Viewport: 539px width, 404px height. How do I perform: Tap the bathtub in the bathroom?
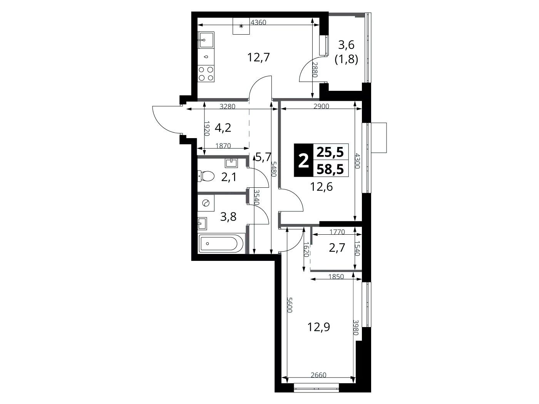(x=221, y=244)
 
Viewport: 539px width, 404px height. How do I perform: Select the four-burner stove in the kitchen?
(x=206, y=74)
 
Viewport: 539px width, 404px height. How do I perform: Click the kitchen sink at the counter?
(x=206, y=40)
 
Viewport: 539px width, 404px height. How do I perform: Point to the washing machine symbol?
(x=206, y=203)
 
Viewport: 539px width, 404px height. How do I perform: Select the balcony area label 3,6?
(x=346, y=45)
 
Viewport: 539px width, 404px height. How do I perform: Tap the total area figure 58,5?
(x=330, y=169)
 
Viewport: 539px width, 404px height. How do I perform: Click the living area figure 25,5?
(x=330, y=152)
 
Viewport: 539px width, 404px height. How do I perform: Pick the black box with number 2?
(x=303, y=160)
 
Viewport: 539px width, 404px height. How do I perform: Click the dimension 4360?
(x=258, y=23)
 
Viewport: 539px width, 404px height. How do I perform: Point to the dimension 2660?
(x=318, y=375)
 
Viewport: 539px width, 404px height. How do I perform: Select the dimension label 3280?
(x=228, y=107)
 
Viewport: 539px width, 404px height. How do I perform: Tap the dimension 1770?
(x=337, y=232)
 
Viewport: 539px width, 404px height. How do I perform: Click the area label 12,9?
(x=319, y=327)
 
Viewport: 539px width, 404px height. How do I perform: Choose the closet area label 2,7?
(x=337, y=248)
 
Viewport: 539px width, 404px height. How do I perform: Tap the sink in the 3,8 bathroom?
(x=203, y=223)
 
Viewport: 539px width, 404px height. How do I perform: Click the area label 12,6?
(x=321, y=187)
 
